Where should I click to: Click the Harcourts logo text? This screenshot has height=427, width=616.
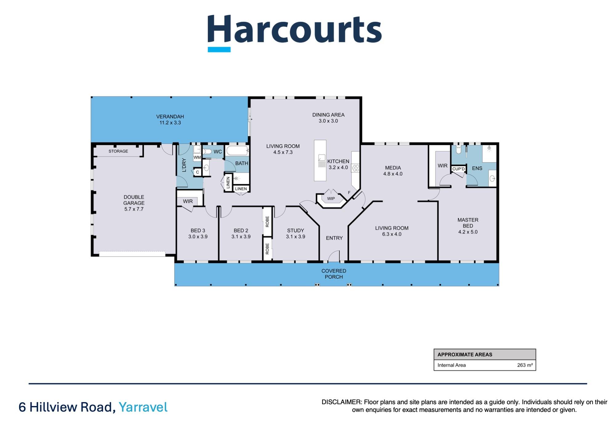[294, 30]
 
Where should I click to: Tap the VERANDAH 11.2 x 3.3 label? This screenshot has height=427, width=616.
[170, 120]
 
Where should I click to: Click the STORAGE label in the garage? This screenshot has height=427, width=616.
[118, 151]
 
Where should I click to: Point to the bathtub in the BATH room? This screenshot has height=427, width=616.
[237, 151]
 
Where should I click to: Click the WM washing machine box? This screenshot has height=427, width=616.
[197, 157]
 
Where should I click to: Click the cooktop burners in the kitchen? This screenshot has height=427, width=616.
[355, 168]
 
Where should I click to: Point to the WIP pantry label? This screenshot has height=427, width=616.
[331, 199]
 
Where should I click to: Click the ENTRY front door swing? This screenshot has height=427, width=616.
[333, 257]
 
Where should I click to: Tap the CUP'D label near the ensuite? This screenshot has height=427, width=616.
[458, 169]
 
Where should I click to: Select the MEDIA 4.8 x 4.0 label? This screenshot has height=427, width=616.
[393, 170]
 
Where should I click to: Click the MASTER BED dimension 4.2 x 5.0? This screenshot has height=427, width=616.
[468, 232]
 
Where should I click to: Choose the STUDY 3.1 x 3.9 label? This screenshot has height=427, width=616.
[295, 233]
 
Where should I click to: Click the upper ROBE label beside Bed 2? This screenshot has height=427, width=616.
[267, 221]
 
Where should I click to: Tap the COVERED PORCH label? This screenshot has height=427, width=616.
[334, 274]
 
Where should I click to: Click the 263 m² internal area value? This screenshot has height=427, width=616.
[525, 365]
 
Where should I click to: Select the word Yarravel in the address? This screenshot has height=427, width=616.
[143, 407]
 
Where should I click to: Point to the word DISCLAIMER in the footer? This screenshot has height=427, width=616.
[341, 402]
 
